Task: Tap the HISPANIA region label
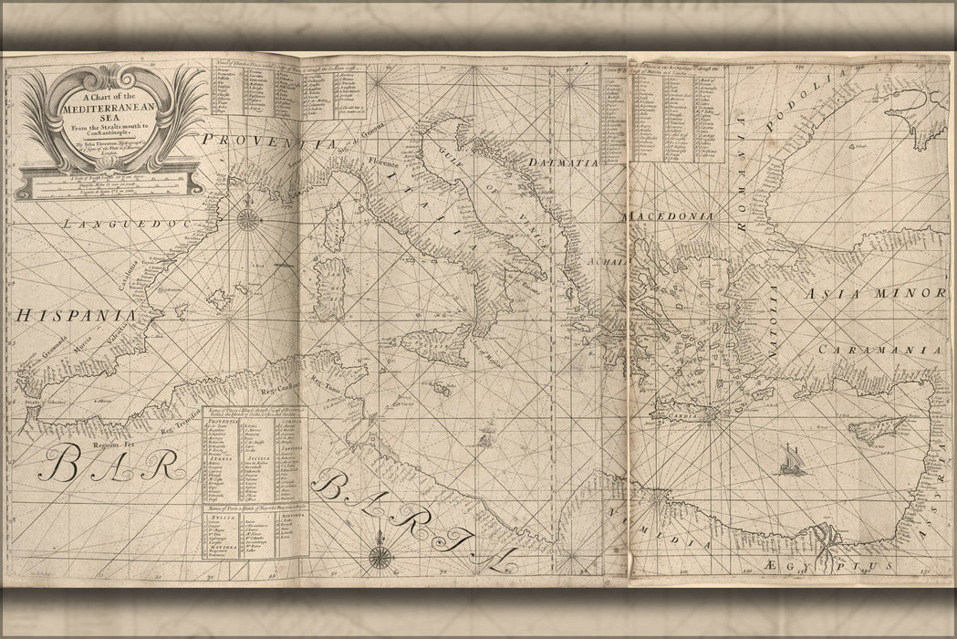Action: pyautogui.click(x=76, y=315)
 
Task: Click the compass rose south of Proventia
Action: pyautogui.click(x=248, y=218)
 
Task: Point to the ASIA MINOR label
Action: pyautogui.click(x=874, y=294)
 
